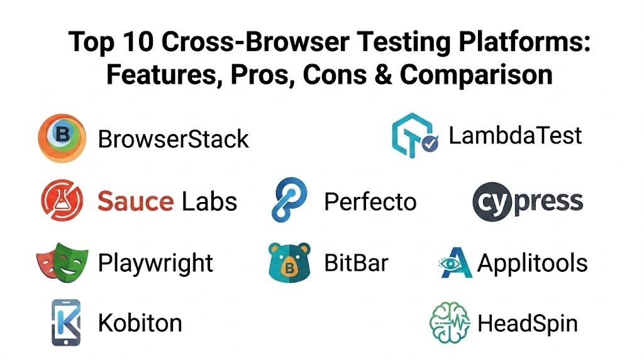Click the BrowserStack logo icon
coord(62,138)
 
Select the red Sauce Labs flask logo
coord(62,200)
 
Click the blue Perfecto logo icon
coord(289,200)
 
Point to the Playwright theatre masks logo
coord(62,262)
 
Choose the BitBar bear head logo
coord(289,262)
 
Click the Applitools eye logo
coord(455,262)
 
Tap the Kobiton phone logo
coord(65,323)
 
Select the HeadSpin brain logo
coord(450,323)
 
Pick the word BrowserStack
coord(174,139)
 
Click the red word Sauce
coord(136,201)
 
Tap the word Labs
coord(209,201)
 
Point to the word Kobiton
coord(140,323)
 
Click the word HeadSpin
coord(528,323)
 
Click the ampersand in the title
coord(383,75)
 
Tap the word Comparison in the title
coord(476,75)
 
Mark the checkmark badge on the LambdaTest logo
coord(430,143)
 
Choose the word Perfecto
coord(370,202)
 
